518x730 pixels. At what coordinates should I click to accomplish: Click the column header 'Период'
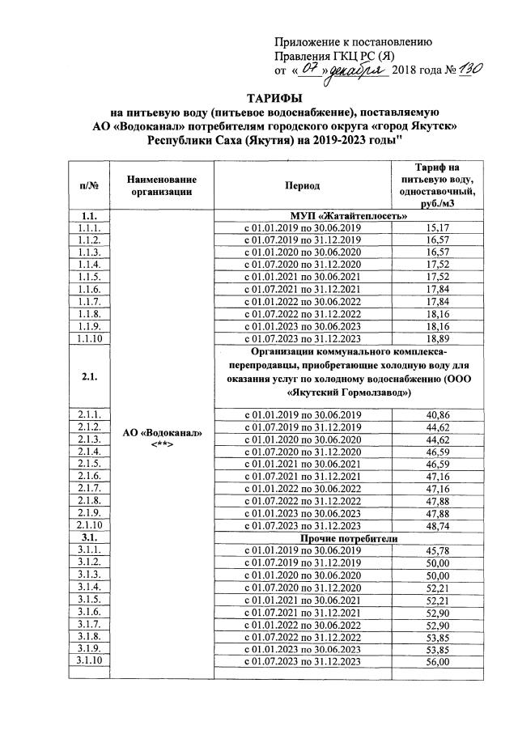pos(302,185)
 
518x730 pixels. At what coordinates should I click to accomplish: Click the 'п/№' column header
pos(89,185)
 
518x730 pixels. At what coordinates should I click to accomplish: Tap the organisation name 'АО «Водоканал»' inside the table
pos(161,432)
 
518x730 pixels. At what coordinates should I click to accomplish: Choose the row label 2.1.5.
pos(89,463)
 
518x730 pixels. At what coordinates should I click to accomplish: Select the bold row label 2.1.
pos(89,376)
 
